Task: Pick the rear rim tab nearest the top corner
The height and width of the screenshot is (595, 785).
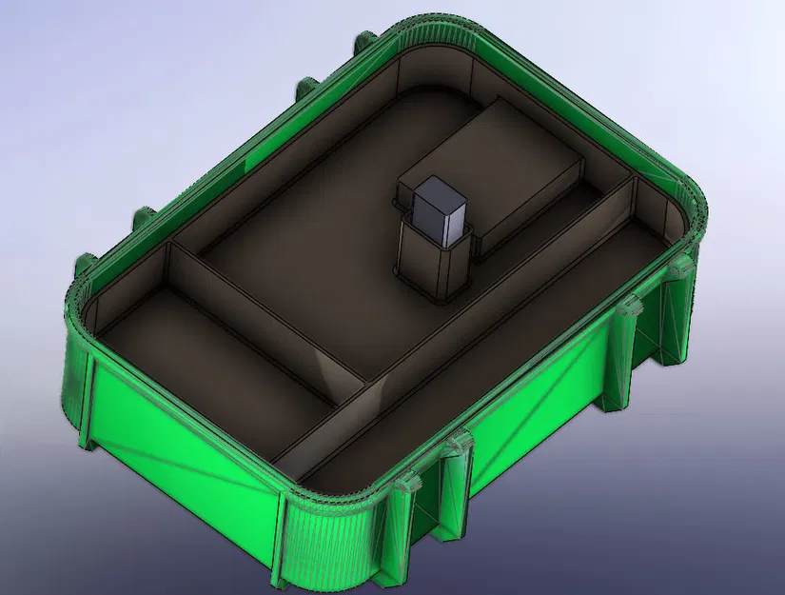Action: pos(363,43)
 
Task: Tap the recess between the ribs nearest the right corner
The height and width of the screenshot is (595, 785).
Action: pos(657,333)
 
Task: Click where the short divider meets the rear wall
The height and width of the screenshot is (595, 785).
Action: pos(170,248)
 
